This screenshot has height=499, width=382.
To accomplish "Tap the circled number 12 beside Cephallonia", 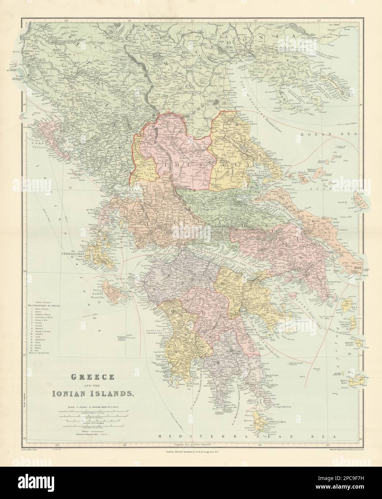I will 72,256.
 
